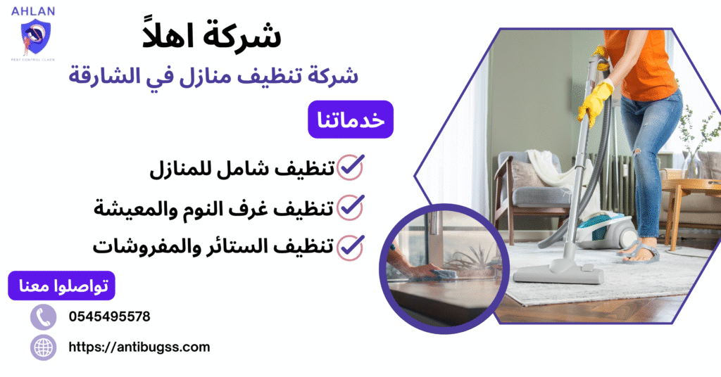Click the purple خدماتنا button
point(350,120)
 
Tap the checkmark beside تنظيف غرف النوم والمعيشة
point(351,207)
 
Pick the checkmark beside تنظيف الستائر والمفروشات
point(351,246)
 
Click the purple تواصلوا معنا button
point(61,286)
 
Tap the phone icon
point(43,317)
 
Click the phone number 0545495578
point(109,317)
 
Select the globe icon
point(43,347)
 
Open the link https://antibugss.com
point(139,347)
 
